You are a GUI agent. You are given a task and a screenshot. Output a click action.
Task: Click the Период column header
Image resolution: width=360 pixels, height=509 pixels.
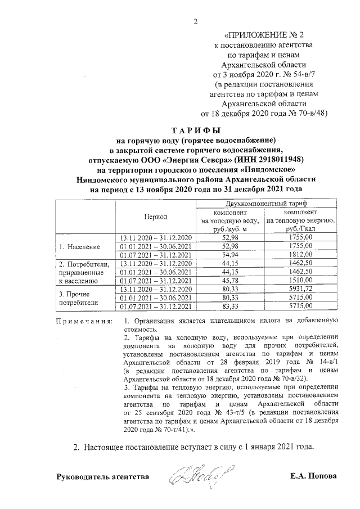click(155, 217)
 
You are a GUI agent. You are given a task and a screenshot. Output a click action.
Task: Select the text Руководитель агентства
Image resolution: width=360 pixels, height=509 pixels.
click(103, 476)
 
